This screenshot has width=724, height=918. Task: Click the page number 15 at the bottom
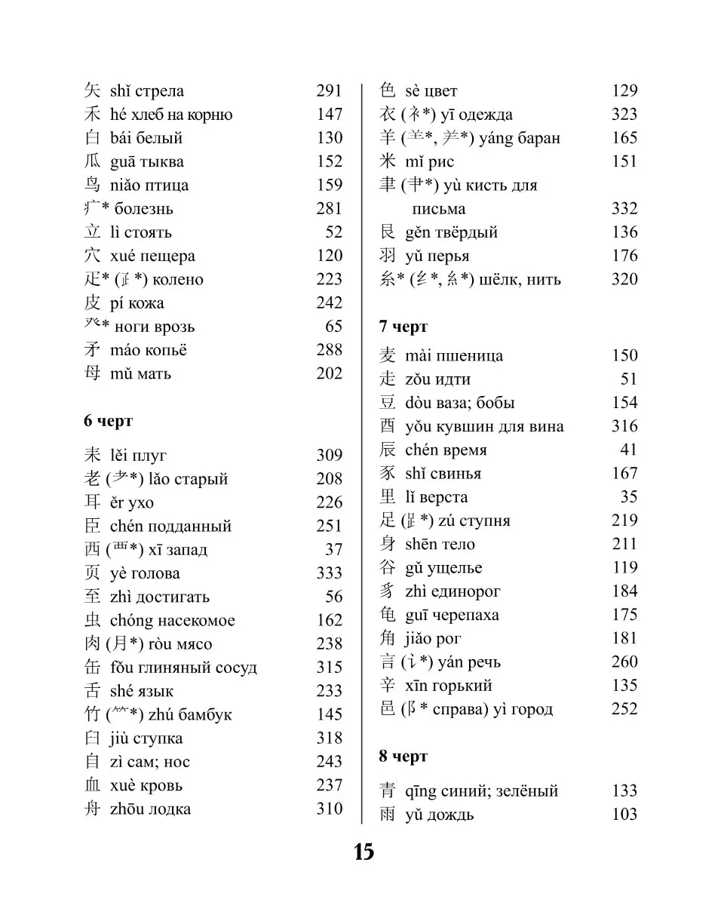click(364, 852)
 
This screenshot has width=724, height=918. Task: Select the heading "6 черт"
click(108, 421)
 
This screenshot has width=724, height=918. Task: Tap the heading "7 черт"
click(403, 327)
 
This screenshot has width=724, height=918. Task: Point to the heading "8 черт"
click(403, 757)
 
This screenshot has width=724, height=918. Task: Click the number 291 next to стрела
click(329, 91)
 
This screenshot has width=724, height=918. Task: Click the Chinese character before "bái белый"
click(92, 138)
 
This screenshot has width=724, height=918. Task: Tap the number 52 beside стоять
click(333, 232)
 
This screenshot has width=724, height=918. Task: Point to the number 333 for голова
click(329, 573)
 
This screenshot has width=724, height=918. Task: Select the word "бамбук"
click(205, 715)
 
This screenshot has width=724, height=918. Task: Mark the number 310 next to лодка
click(329, 809)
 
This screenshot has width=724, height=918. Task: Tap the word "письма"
click(439, 209)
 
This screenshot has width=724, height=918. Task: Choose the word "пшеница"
click(474, 356)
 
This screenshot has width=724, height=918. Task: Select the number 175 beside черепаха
click(624, 615)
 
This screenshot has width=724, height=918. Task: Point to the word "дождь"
click(450, 815)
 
